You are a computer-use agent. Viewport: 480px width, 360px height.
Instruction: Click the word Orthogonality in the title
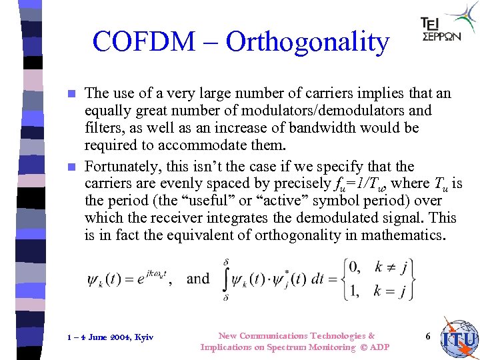tap(307, 41)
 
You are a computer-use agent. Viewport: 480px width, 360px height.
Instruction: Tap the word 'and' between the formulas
tap(198, 279)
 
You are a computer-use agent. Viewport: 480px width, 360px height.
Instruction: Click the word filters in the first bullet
tap(103, 128)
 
